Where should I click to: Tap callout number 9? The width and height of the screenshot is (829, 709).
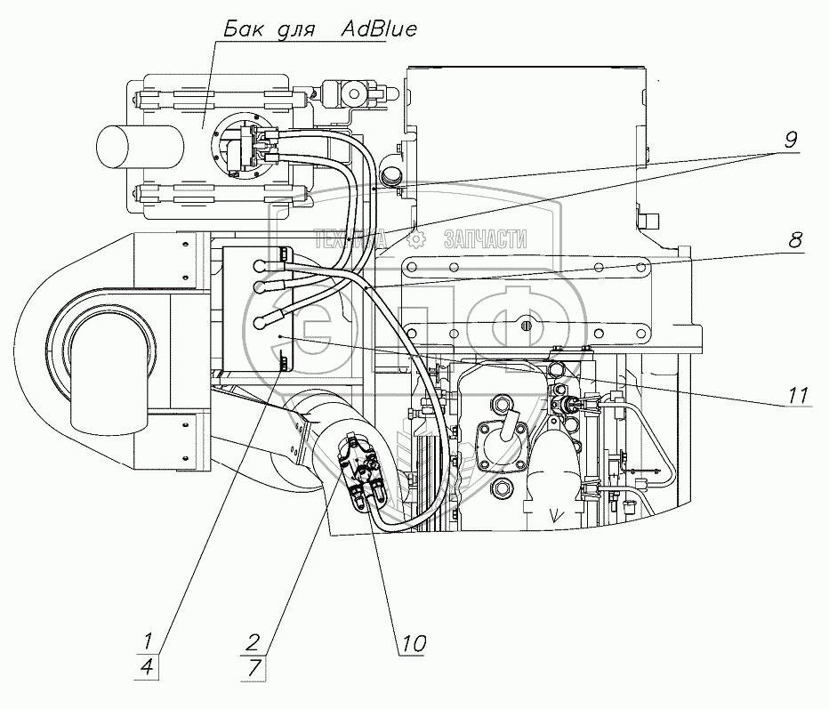tap(791, 140)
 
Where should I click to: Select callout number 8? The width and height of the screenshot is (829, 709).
tap(793, 239)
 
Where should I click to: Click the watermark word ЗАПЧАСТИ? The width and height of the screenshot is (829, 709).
tap(485, 238)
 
